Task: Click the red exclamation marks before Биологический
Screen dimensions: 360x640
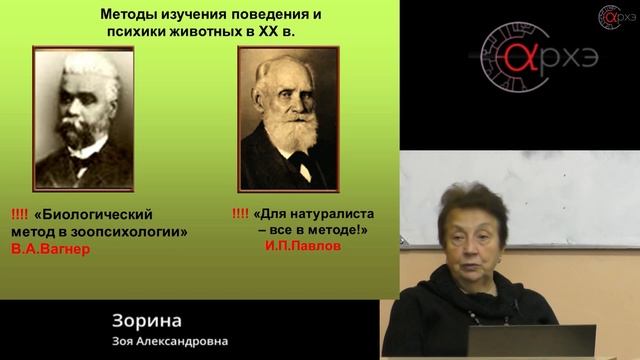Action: (20, 214)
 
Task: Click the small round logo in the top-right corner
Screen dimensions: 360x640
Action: (610, 16)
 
